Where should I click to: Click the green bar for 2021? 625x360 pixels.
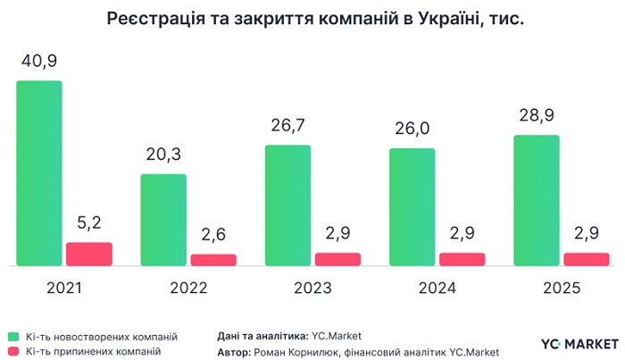click(x=39, y=173)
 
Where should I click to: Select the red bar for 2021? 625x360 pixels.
click(x=89, y=254)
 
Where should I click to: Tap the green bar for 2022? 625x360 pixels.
click(x=163, y=220)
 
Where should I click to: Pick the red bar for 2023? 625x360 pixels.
click(x=337, y=259)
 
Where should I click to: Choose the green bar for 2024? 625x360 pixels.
click(x=412, y=207)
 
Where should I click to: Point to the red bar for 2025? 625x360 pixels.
click(x=586, y=259)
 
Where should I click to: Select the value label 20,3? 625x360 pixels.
click(x=163, y=155)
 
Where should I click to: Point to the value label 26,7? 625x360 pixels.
click(x=287, y=126)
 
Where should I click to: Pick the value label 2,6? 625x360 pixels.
click(x=213, y=236)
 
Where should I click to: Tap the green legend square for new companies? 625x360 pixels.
click(x=12, y=337)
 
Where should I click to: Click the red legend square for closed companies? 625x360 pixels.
click(x=12, y=352)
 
